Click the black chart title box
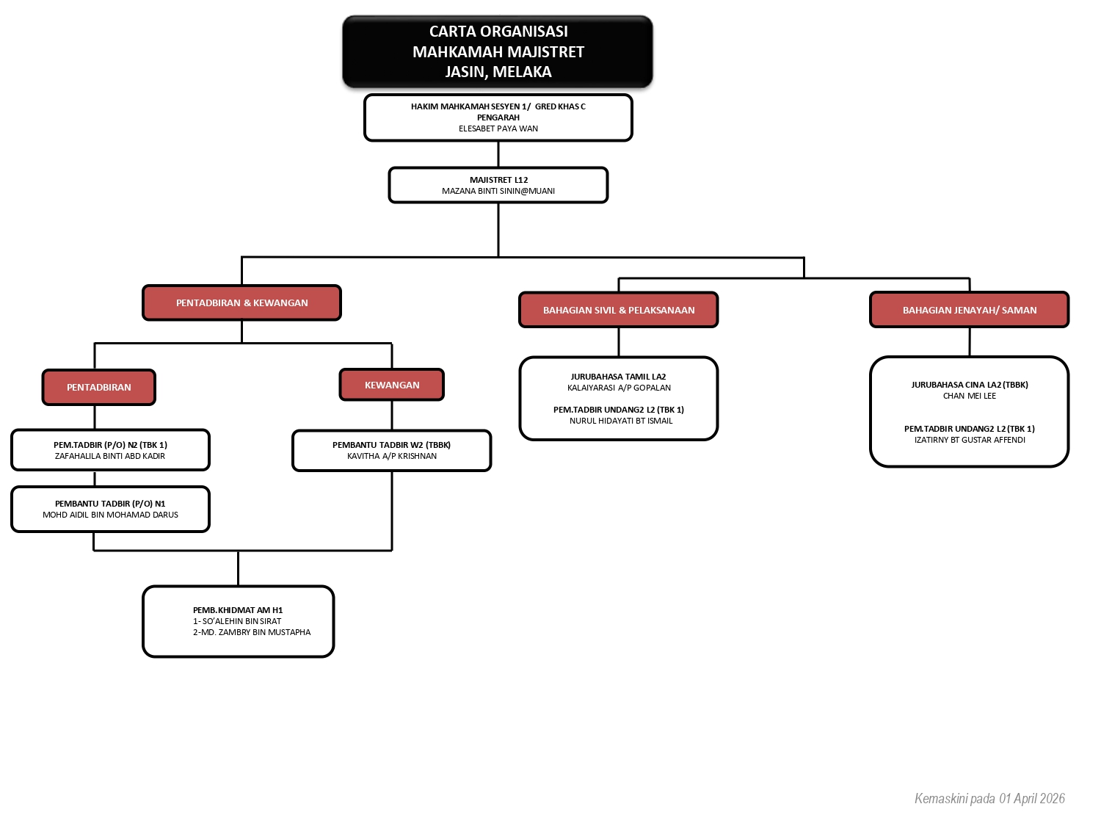(x=498, y=51)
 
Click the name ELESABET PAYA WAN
(x=498, y=128)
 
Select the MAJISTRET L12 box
(x=498, y=185)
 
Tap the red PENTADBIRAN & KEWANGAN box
(x=241, y=302)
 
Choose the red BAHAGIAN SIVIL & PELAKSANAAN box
(x=619, y=310)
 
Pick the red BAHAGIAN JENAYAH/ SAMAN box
(x=969, y=310)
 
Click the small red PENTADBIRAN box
(x=99, y=387)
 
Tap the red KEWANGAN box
(x=392, y=385)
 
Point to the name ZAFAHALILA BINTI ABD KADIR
(x=110, y=456)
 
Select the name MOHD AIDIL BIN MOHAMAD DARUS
(x=110, y=515)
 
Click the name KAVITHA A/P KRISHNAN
(x=392, y=456)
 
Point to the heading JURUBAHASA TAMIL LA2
(x=618, y=377)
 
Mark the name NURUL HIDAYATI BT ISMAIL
(x=621, y=421)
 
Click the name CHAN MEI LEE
(x=970, y=396)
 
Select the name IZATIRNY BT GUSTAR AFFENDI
(x=970, y=440)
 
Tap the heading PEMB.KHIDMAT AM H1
(x=238, y=610)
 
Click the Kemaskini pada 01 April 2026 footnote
(x=989, y=798)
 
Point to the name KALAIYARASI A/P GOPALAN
(x=619, y=388)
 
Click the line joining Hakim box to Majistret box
(x=498, y=154)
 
